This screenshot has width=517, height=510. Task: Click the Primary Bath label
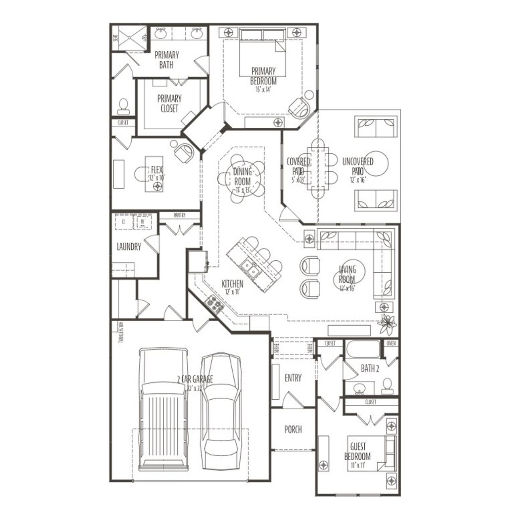pos(166,59)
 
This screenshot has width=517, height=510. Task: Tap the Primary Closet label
pos(169,103)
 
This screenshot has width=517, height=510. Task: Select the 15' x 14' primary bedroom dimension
pos(263,90)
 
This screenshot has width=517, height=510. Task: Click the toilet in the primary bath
pos(123,106)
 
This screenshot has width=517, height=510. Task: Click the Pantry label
pos(179,215)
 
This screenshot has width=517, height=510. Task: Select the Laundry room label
pos(128,247)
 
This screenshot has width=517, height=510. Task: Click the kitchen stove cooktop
pos(214,304)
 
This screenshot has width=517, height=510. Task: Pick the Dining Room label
pos(242,177)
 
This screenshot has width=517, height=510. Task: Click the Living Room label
pos(347,274)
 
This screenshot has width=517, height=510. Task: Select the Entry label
pos(293,378)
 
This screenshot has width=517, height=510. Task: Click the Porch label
pos(293,429)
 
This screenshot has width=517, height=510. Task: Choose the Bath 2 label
pos(370,368)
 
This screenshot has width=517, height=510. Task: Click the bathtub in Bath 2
pos(362,350)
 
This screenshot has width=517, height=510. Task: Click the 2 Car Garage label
pos(195,379)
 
